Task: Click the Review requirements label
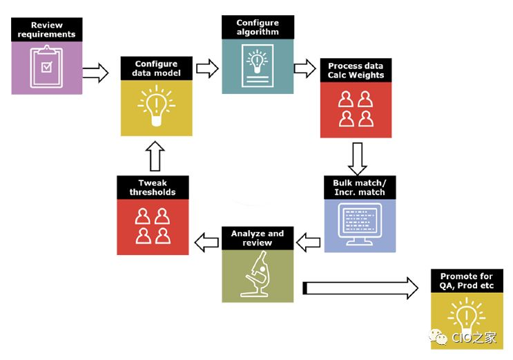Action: [47, 30]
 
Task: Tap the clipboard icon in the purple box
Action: [46, 66]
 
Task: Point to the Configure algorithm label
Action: [257, 27]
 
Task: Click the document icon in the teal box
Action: [257, 66]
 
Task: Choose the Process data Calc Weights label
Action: [356, 70]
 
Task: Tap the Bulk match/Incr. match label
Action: [360, 187]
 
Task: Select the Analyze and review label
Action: [257, 238]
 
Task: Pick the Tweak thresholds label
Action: [152, 187]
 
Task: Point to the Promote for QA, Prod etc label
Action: [467, 281]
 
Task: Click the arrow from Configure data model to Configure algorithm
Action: [207, 68]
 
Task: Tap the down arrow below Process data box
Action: [356, 158]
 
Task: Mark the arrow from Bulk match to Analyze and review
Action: [307, 242]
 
